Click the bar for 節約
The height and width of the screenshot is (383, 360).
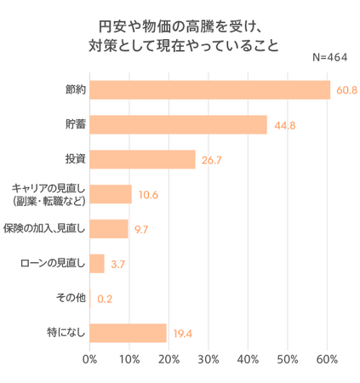[209, 89]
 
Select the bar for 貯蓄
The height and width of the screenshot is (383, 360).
[178, 124]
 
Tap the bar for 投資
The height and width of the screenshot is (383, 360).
[142, 159]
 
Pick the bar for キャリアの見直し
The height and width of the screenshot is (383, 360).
[111, 194]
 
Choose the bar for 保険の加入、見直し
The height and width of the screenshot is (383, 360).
[109, 229]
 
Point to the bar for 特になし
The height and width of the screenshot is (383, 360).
[128, 333]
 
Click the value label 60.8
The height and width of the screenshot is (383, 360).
[346, 90]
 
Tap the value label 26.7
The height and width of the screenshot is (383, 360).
[212, 160]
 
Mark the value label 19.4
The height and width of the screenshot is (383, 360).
[182, 334]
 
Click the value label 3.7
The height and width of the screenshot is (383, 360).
[118, 265]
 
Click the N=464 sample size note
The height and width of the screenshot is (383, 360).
[331, 57]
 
